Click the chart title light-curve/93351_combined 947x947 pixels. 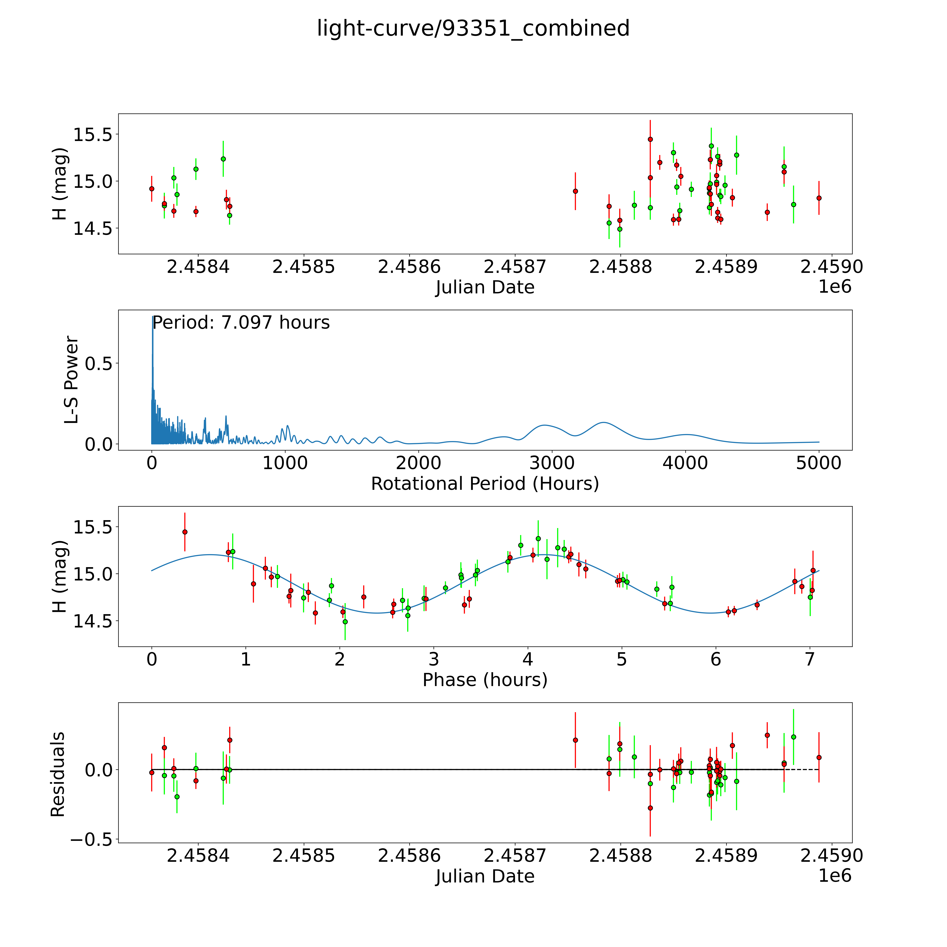[473, 28]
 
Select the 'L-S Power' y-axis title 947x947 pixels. [72, 380]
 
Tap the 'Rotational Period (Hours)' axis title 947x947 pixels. [485, 484]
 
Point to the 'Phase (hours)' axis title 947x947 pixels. [485, 680]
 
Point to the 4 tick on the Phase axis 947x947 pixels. [528, 659]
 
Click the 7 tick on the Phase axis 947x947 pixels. [810, 659]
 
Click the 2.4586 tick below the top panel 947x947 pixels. [409, 267]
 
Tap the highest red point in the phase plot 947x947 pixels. [185, 532]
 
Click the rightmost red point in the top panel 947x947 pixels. [819, 198]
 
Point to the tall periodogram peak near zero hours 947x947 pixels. [152, 324]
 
